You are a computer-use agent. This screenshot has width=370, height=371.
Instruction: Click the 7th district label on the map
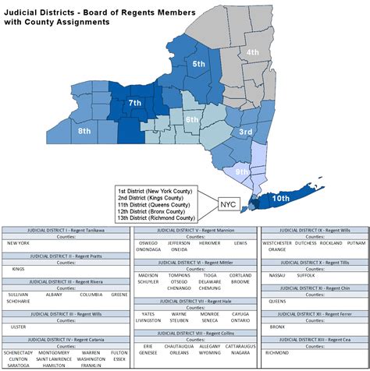click(135, 103)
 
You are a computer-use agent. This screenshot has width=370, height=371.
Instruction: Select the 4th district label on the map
click(253, 52)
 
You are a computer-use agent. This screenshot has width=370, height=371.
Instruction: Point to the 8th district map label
click(85, 132)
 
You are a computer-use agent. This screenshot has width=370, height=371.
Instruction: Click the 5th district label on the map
click(199, 64)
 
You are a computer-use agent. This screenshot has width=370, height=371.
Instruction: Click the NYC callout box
click(228, 203)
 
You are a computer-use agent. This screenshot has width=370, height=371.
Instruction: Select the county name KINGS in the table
click(18, 268)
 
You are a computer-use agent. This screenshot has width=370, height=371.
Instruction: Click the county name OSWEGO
click(148, 242)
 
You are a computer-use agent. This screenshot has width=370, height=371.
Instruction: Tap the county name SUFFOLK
click(307, 275)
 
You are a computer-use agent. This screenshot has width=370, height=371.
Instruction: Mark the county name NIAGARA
click(241, 352)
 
